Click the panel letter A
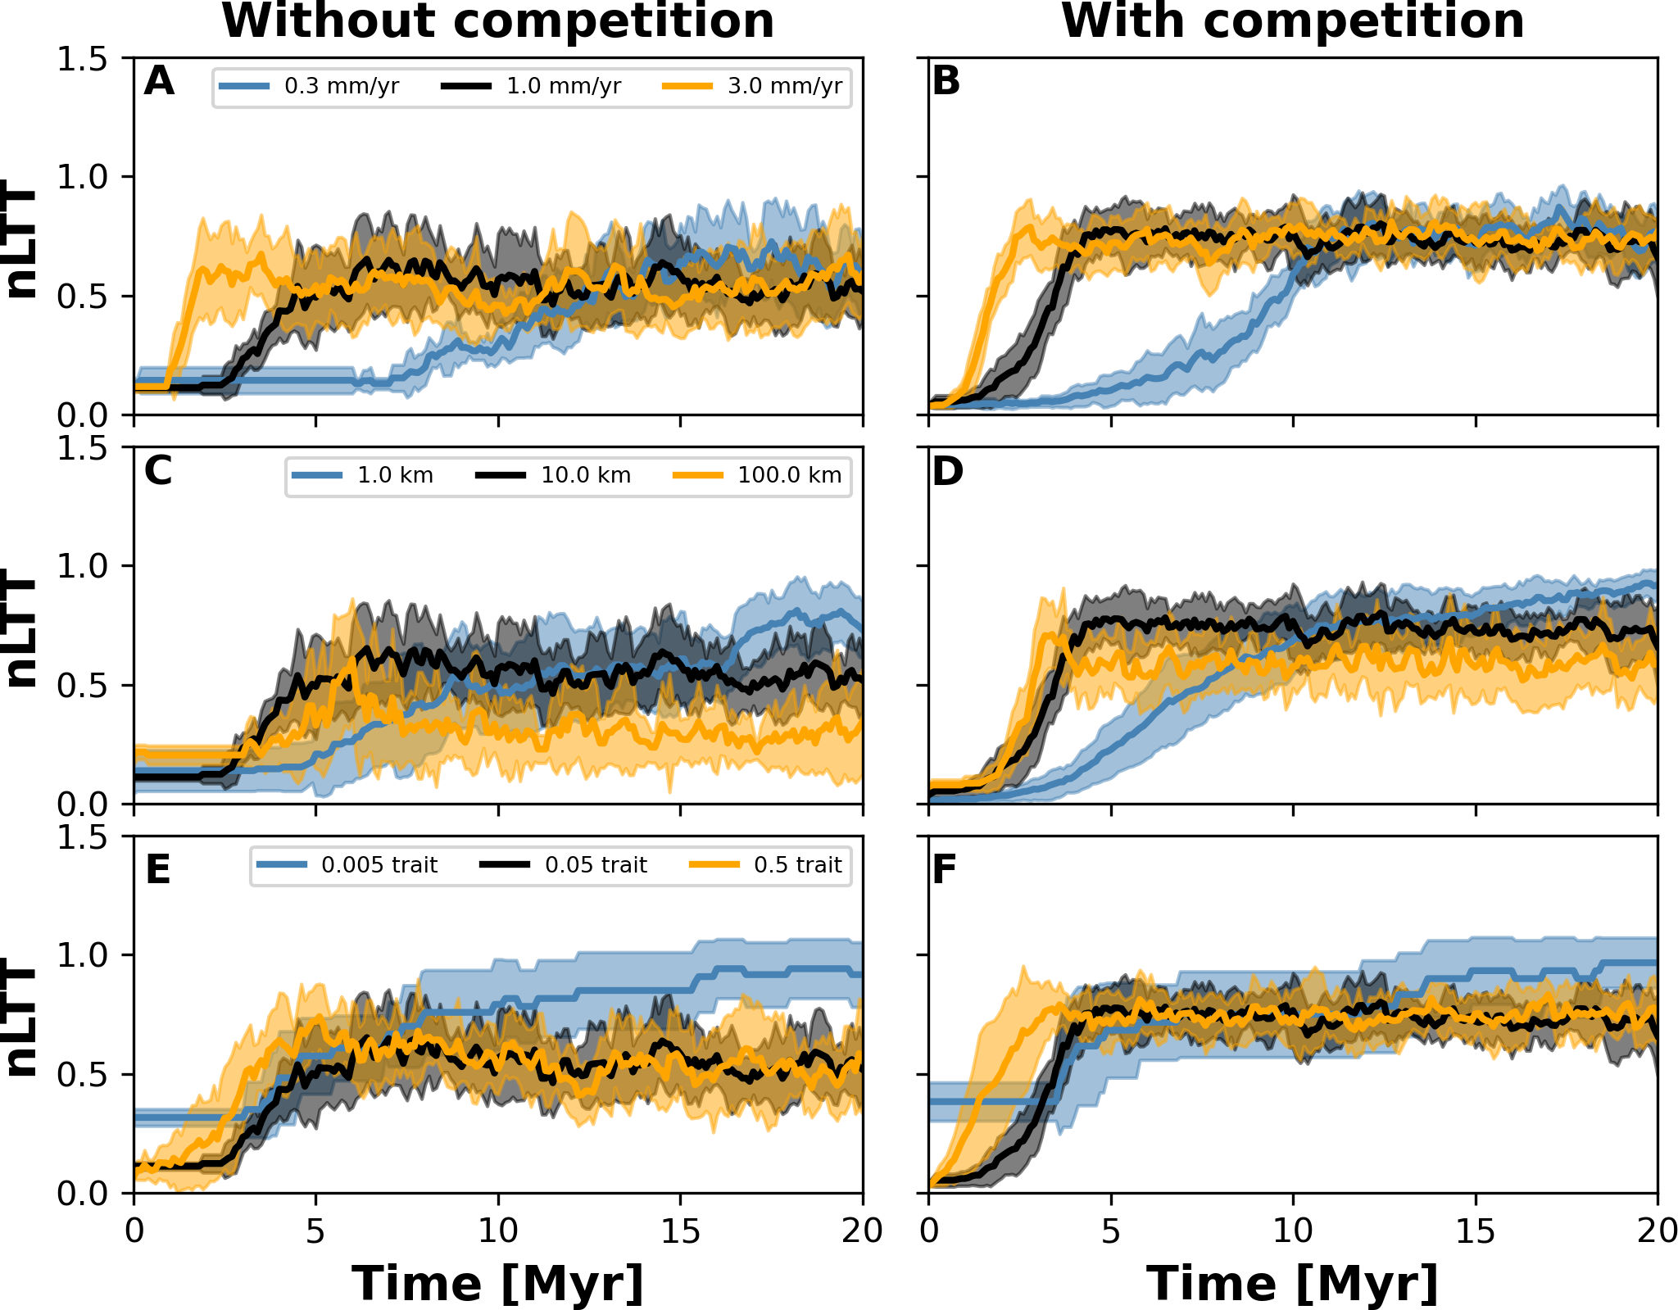point(159,81)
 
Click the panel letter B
point(946,81)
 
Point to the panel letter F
point(945,869)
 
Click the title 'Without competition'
point(498,21)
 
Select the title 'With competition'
point(1293,21)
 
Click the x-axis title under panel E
point(498,1283)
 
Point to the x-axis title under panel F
point(1293,1283)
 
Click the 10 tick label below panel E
point(498,1231)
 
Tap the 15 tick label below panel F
point(1476,1231)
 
